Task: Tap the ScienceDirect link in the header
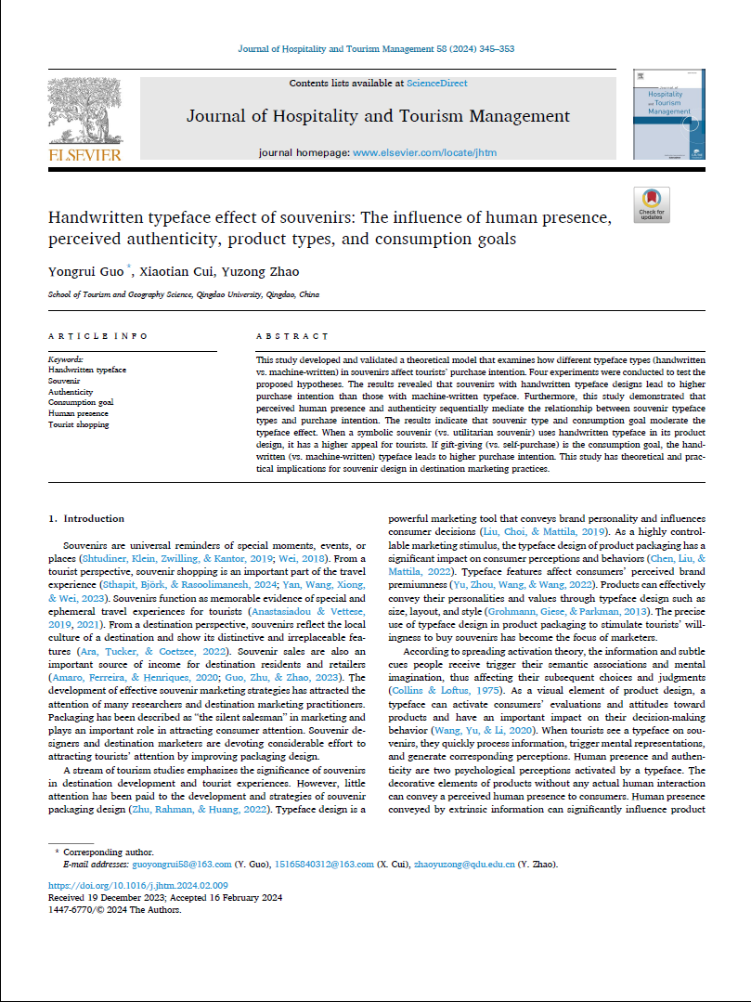point(436,84)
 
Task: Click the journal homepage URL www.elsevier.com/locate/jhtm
point(423,151)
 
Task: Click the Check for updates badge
point(652,204)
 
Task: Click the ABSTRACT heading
point(291,336)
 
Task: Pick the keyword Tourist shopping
point(78,424)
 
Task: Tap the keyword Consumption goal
point(81,403)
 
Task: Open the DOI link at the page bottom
point(137,886)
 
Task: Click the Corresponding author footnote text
point(109,852)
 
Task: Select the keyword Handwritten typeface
point(86,370)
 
